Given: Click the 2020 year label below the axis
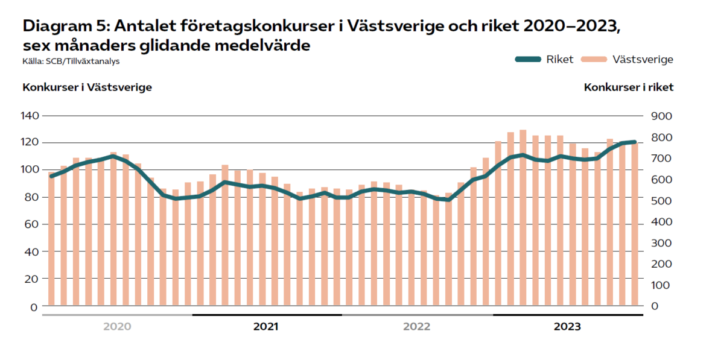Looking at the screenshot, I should (x=117, y=327).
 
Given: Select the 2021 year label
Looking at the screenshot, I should (x=266, y=327).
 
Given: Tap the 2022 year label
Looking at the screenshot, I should (x=416, y=327).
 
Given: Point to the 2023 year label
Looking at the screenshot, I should (x=567, y=327).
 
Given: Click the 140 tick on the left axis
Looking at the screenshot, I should (x=30, y=116).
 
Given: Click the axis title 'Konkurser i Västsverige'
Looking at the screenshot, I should (x=87, y=87).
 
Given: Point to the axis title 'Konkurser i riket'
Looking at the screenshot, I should (x=629, y=87).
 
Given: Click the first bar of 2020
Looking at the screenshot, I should (x=51, y=239).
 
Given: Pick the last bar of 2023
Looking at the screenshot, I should (x=634, y=224).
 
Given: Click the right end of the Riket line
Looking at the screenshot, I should (x=634, y=142).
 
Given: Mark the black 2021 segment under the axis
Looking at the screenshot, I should (x=267, y=315).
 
